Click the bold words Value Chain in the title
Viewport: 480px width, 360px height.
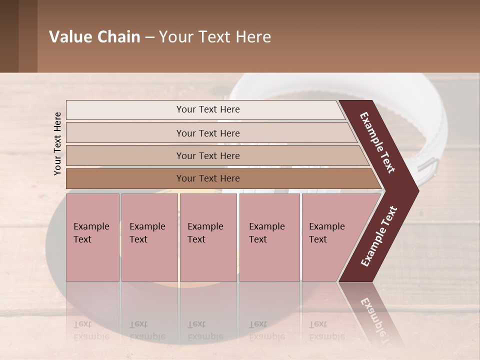point(94,37)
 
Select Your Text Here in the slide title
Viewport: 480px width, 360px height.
point(215,37)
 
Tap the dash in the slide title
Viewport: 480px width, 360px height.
point(149,37)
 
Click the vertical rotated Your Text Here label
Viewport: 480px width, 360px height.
point(57,143)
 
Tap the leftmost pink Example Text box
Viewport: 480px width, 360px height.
point(92,237)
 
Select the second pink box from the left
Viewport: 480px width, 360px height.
point(149,237)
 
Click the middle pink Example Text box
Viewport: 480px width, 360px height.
point(208,237)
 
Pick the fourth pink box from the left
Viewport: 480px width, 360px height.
point(269,237)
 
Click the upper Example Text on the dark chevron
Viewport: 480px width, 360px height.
point(378,142)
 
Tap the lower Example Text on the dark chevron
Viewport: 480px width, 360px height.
point(378,236)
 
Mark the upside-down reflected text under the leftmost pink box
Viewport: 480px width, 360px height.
point(91,330)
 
